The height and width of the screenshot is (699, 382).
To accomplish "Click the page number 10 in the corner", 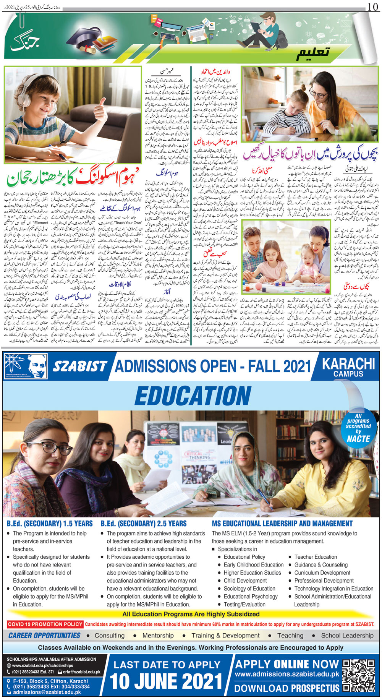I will coord(373,6).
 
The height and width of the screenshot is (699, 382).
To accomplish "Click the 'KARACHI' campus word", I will coord(348,363).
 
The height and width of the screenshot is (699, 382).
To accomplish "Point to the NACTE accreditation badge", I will coord(358,428).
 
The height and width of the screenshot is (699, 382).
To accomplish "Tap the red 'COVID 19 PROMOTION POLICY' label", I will coord(45,624).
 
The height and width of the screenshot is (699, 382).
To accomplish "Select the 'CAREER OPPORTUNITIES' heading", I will coord(44,636).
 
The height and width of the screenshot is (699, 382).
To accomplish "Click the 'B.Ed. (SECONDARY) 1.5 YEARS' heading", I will coord(50,524).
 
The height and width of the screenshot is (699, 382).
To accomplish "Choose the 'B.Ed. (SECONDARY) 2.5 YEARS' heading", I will coord(144,524).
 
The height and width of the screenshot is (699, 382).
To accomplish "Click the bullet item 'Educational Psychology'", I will coord(251,596).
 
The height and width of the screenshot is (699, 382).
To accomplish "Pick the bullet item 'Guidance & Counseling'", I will coord(321,565).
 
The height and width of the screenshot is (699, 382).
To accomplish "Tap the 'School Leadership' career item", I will coord(347,636).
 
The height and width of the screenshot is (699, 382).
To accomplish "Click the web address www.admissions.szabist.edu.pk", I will coord(287,675).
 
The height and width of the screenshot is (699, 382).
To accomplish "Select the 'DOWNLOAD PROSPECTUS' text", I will coord(287,688).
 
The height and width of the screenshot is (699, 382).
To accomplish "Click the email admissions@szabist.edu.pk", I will coord(37,692).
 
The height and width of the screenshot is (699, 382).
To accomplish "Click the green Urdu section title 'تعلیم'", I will coord(313,53).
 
